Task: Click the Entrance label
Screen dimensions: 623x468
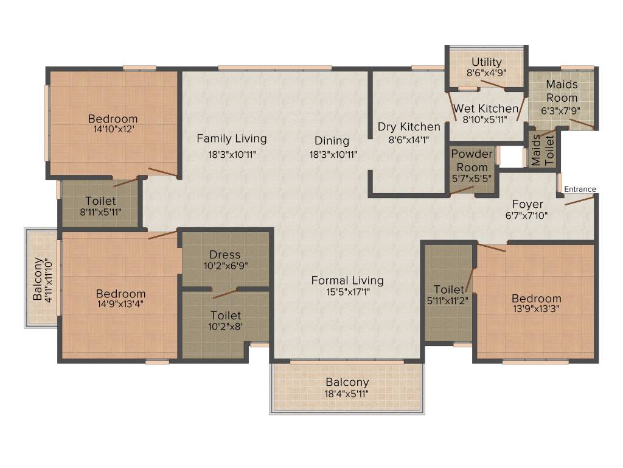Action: point(580,189)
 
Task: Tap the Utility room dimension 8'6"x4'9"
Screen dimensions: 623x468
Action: point(486,73)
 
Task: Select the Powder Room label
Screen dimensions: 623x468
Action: point(472,160)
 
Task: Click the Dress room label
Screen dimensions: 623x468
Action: point(225,254)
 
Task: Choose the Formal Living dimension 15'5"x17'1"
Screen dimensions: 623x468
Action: point(348,292)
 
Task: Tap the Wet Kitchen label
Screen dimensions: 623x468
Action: point(486,108)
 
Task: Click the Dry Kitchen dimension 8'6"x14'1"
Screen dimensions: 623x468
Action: point(409,140)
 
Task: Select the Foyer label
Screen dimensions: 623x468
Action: point(527,204)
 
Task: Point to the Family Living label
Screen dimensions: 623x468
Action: point(232,138)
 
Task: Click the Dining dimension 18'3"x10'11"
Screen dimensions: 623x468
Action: point(333,154)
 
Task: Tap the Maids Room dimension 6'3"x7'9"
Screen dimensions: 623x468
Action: point(560,111)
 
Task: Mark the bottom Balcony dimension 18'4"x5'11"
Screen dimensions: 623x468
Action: point(346,394)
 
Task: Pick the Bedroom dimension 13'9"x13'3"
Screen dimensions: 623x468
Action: point(537,309)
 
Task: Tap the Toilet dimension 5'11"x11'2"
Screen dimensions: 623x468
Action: point(447,301)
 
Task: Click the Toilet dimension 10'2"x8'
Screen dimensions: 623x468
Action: point(225,327)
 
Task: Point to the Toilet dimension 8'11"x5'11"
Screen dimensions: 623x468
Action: point(100,212)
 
